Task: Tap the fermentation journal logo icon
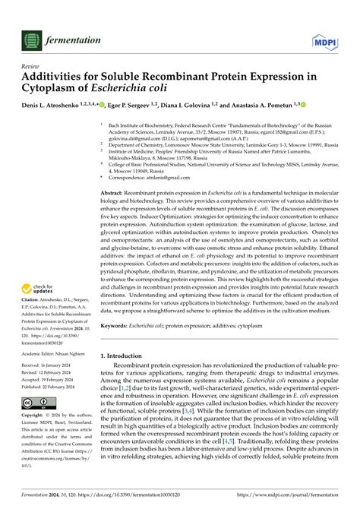(x=31, y=39)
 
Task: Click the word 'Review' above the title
(x=31, y=66)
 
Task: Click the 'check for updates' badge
(x=38, y=289)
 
